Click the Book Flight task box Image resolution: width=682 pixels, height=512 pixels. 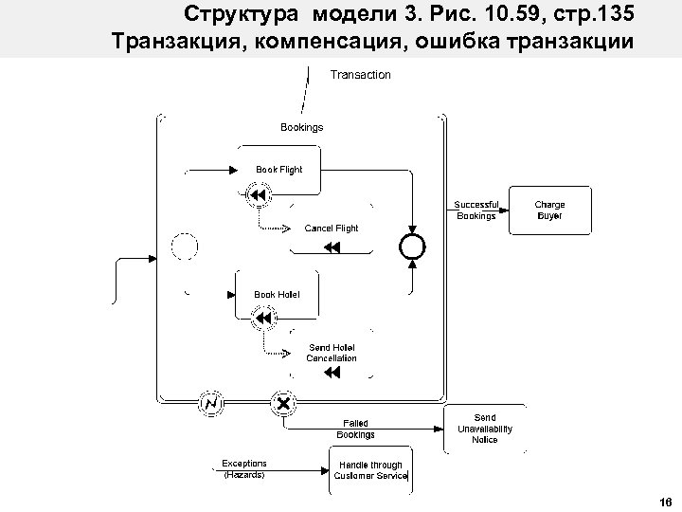tap(278, 170)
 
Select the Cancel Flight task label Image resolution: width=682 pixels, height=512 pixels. tap(332, 229)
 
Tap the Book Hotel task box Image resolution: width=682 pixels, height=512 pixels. tap(277, 295)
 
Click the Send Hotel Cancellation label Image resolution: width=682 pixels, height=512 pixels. tap(332, 353)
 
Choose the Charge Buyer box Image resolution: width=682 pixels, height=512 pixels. tap(549, 210)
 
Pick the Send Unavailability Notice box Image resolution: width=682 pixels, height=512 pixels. tap(484, 429)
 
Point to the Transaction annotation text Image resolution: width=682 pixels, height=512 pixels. tap(360, 74)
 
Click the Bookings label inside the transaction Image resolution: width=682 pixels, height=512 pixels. tap(301, 126)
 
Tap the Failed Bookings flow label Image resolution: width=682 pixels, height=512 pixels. tap(356, 429)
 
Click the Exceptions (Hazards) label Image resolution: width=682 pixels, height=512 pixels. tap(244, 468)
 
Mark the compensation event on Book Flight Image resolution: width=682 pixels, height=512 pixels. tap(258, 196)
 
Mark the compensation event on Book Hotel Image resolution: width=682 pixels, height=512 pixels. tap(261, 321)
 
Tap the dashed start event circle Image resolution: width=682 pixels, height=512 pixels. tap(186, 247)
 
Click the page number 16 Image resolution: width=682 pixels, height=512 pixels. tap(663, 502)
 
